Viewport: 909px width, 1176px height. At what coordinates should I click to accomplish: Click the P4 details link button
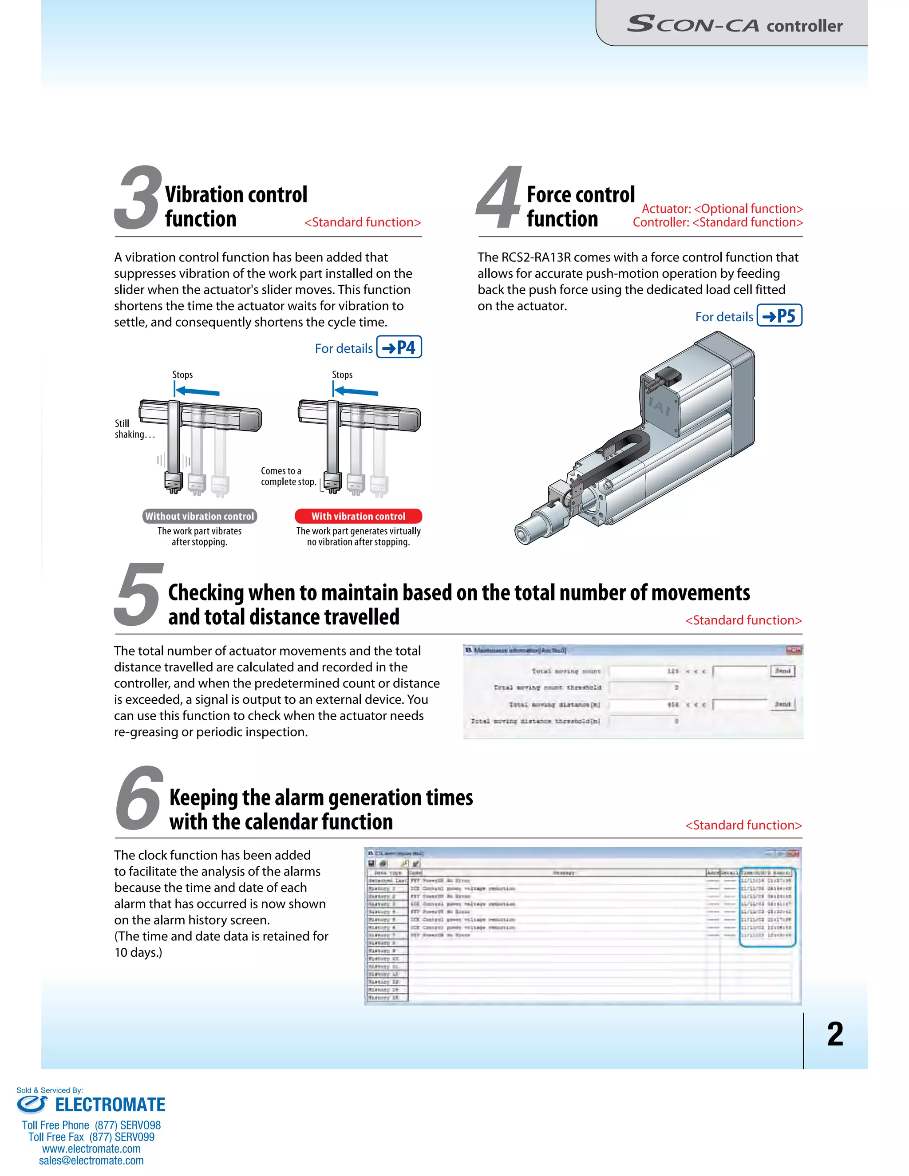(399, 347)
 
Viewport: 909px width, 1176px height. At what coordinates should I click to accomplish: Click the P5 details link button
(779, 316)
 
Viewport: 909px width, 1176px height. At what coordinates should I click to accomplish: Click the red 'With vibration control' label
(358, 516)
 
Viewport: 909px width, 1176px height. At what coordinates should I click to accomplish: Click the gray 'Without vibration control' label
(199, 516)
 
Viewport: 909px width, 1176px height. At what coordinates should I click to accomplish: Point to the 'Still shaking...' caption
(134, 429)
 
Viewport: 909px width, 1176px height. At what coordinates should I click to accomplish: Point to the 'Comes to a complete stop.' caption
(288, 476)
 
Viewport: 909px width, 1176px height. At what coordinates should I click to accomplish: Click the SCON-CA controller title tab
(735, 25)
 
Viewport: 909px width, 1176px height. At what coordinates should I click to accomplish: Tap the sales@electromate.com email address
(91, 1160)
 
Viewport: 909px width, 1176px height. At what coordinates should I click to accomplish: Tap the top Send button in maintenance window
(783, 671)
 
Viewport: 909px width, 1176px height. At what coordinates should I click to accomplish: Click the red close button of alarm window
(793, 853)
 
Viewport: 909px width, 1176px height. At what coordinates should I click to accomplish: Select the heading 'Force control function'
(581, 207)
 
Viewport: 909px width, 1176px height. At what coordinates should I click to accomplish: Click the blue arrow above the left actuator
(197, 391)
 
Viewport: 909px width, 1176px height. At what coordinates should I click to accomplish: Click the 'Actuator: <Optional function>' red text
(722, 209)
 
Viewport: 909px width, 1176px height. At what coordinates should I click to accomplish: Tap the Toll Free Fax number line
(91, 1137)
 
